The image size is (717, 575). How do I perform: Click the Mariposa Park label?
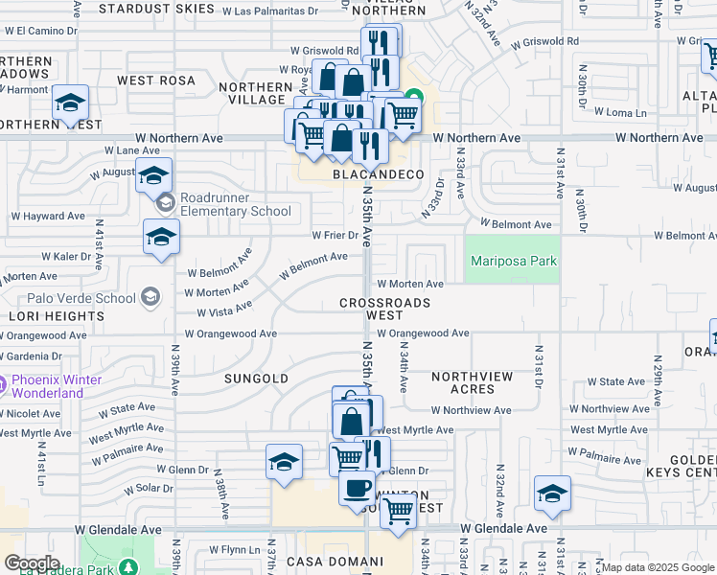511,261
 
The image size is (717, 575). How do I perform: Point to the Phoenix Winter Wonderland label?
56,386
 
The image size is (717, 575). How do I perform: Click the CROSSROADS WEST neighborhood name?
384,309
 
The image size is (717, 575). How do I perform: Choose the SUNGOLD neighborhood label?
256,379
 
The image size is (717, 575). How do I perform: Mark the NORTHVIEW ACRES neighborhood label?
475,383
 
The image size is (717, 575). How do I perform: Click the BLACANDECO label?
378,174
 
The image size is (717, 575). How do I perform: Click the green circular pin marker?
414,96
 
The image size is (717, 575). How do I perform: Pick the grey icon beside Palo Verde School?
149,298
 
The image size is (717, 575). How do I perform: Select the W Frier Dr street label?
335,234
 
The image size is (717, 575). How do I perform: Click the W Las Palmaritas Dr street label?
270,11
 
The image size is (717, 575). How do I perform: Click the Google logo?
33,563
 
